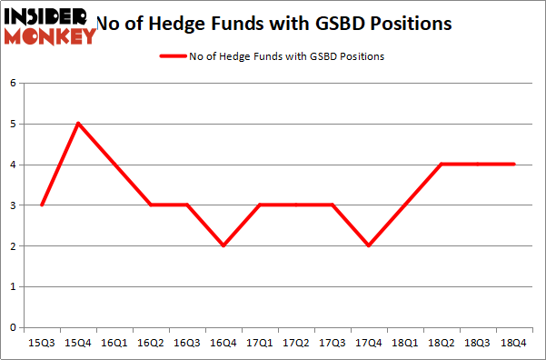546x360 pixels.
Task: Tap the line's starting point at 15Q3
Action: pos(43,205)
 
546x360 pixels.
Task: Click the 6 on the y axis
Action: pos(14,84)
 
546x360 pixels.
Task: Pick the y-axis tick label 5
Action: pos(14,124)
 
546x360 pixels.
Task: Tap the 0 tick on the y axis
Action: pos(14,327)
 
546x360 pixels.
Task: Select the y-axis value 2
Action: pos(14,245)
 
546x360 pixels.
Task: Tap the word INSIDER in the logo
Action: pos(47,15)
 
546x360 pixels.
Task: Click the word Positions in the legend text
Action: pos(359,56)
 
